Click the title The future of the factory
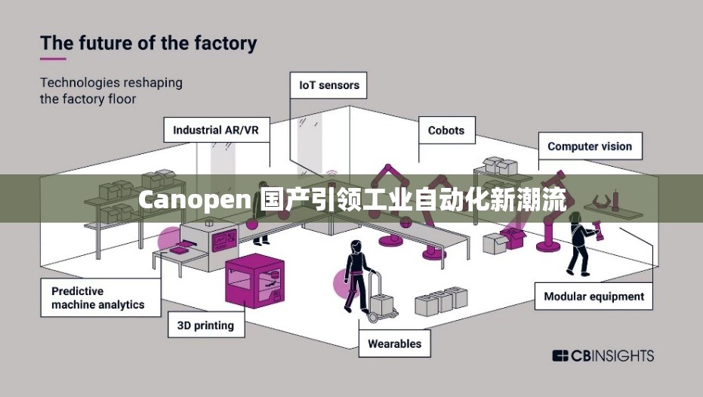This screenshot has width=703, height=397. pos(148,42)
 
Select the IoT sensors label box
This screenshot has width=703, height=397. pos(328,85)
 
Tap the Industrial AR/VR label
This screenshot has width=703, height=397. pos(216,130)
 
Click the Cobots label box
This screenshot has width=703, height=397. pos(446,130)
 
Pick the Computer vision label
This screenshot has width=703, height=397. pos(590,146)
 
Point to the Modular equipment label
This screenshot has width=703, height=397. pos(594,297)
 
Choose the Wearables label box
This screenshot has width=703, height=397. pos(394,343)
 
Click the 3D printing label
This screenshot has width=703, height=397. pos(205,326)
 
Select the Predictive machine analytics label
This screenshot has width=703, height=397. pos(98,297)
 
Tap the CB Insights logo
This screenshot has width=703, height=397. pos(603,355)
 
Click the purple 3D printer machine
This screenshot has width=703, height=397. pos(254,280)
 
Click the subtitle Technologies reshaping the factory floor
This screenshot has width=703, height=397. pos(111,90)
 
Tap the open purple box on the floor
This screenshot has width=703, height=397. pos(513,238)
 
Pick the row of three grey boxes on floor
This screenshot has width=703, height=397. pos(442,300)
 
